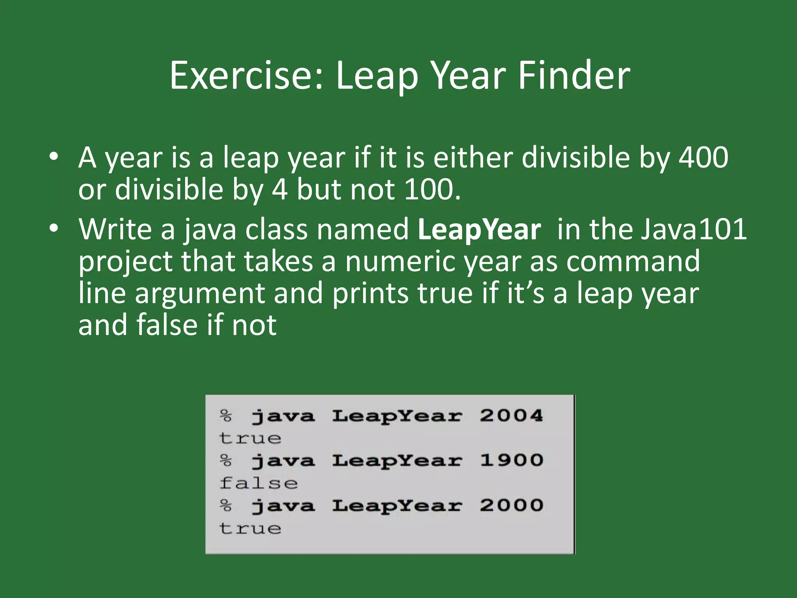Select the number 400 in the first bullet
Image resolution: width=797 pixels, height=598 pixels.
click(x=703, y=158)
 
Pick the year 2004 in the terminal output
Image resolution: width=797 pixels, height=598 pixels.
click(x=511, y=416)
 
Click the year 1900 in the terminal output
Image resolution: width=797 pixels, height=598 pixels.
click(x=511, y=461)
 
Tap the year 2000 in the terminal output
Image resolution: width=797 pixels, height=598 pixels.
click(x=511, y=506)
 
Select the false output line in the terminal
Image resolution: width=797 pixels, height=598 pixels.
click(x=258, y=483)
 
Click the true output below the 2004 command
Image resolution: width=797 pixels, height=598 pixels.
click(x=250, y=438)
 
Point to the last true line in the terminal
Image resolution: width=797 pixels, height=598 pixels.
click(x=250, y=528)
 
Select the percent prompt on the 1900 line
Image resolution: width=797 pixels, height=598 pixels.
click(x=226, y=461)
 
